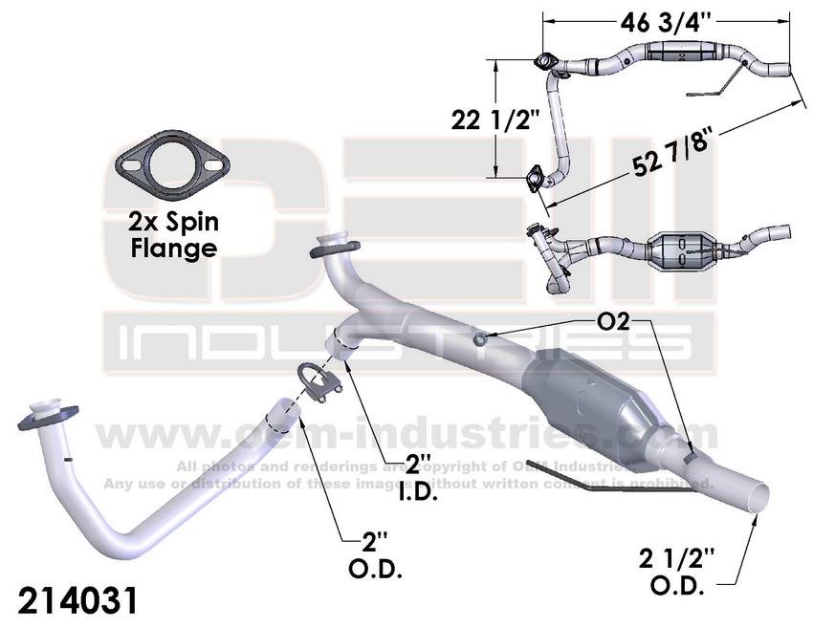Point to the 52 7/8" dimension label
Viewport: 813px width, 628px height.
[x=670, y=152]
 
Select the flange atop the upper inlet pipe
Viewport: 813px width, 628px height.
[x=330, y=246]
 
